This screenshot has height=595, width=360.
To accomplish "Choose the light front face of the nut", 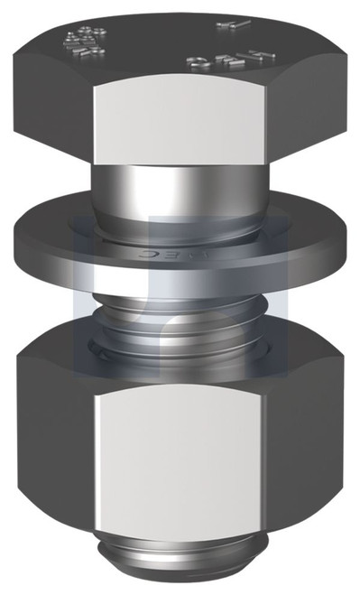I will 180,451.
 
